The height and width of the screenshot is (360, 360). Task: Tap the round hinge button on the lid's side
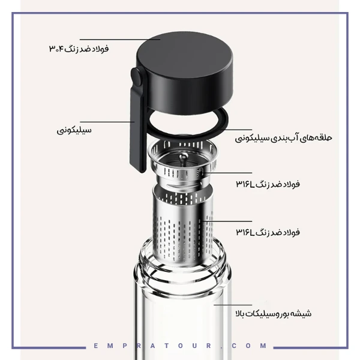click(x=136, y=76)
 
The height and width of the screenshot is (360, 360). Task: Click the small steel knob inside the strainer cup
click(x=184, y=158)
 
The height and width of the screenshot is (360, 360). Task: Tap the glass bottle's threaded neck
click(x=183, y=264)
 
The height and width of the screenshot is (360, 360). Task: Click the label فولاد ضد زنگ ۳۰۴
click(x=79, y=49)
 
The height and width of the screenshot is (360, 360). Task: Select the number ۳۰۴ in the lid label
click(x=56, y=49)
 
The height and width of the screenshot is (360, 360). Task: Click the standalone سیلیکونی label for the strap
click(x=74, y=131)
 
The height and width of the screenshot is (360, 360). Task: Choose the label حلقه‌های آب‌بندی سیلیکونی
click(x=284, y=138)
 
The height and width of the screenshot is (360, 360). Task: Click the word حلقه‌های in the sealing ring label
click(x=317, y=137)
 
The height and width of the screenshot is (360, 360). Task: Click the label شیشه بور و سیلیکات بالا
click(x=274, y=314)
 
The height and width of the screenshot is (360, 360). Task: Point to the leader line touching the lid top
click(x=120, y=40)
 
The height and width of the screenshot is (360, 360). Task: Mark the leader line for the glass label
click(x=233, y=305)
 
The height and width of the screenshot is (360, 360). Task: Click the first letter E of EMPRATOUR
click(x=96, y=346)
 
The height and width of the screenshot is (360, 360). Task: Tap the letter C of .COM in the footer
click(x=235, y=346)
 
